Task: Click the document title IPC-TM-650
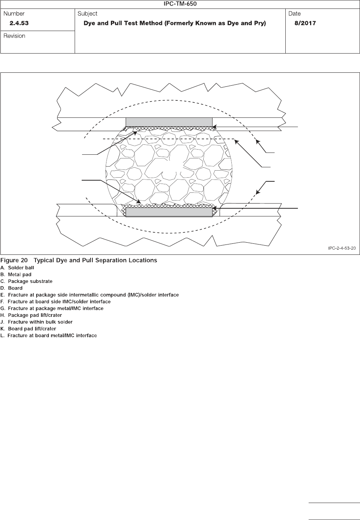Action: point(180,4)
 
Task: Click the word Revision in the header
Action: point(14,36)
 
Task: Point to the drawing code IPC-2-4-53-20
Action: point(342,248)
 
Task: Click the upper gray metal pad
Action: point(169,122)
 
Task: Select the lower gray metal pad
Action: point(169,212)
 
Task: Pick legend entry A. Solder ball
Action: point(17,268)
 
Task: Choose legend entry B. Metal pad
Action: point(16,274)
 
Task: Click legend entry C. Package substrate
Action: point(27,281)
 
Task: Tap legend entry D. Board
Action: point(12,288)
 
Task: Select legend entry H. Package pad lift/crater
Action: point(31,315)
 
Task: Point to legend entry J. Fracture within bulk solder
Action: point(37,322)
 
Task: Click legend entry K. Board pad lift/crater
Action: point(28,329)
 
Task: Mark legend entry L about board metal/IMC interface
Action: point(49,336)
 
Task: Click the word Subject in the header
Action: point(88,14)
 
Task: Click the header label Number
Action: point(14,14)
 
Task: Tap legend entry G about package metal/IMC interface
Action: point(52,308)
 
